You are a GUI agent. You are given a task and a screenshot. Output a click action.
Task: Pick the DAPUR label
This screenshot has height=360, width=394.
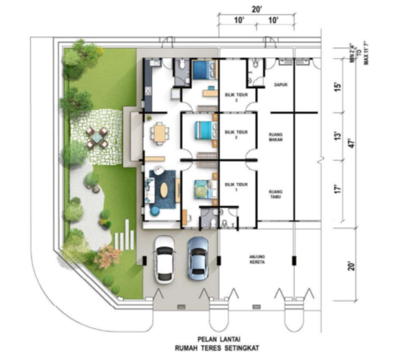pos(280,85)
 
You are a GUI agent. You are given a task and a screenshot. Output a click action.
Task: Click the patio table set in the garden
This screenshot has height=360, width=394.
pos(96,136)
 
